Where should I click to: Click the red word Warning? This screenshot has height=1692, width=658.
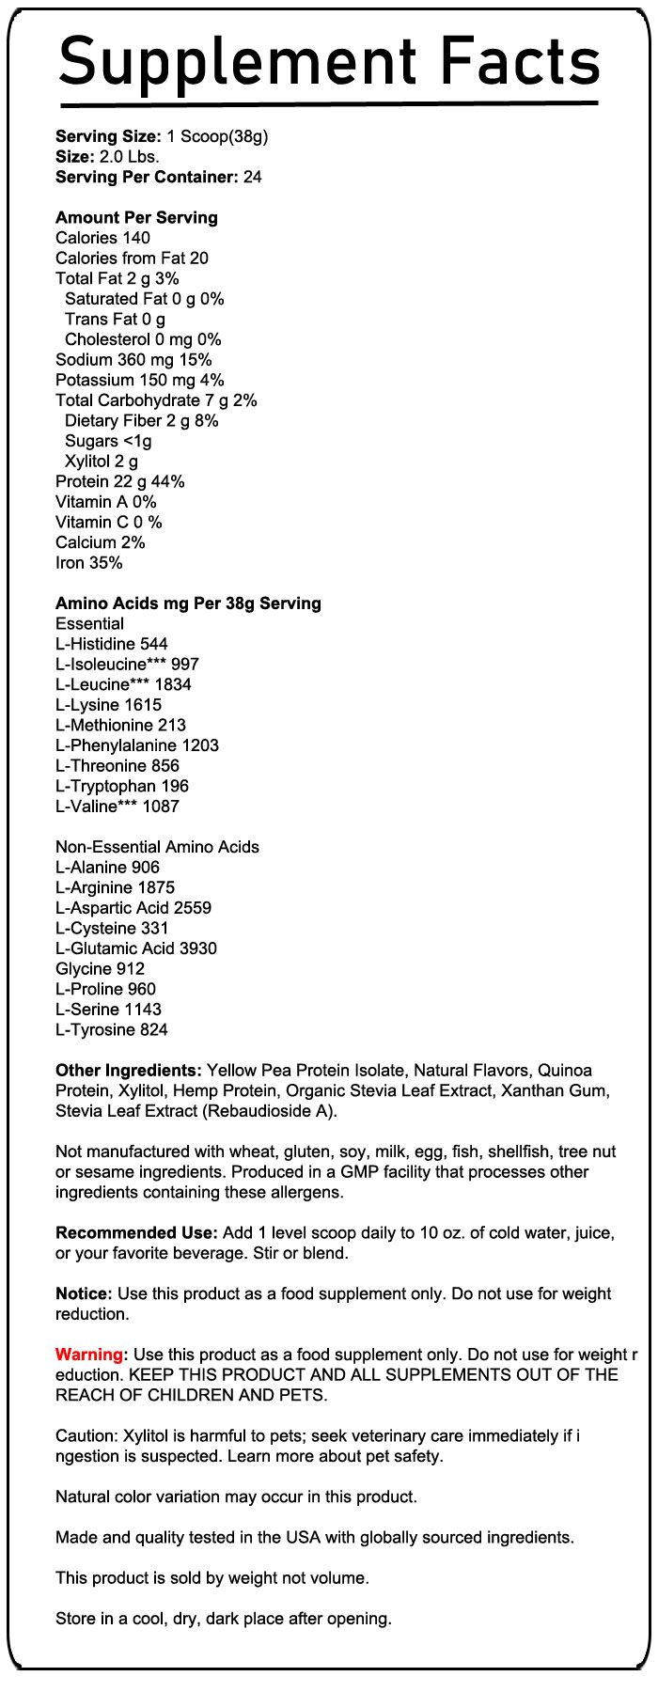coord(89,1355)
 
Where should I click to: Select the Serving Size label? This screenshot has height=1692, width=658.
coord(108,136)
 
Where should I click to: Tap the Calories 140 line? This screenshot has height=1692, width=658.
coord(102,238)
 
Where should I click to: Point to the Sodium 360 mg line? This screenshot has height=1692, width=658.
coord(133,360)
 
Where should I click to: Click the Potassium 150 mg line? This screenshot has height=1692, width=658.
coord(140,380)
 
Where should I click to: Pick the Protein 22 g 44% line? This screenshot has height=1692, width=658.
coord(120,481)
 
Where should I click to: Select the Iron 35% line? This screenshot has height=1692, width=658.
coord(89,563)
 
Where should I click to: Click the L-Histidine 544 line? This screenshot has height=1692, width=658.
coord(112,644)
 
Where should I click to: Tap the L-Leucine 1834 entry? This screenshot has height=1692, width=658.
coord(123,684)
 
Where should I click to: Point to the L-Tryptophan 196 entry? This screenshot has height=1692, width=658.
coord(122,786)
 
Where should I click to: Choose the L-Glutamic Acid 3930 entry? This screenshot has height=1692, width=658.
coord(136,948)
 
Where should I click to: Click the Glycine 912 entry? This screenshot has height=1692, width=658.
coord(101,968)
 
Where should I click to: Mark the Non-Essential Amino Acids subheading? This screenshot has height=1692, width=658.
coord(157,847)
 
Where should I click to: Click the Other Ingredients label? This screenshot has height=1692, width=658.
coord(129,1070)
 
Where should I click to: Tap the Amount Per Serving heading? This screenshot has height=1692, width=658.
coord(136,217)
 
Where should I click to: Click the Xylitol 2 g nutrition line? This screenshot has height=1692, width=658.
coord(102,462)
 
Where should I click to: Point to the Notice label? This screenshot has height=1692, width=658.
coord(84,1293)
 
